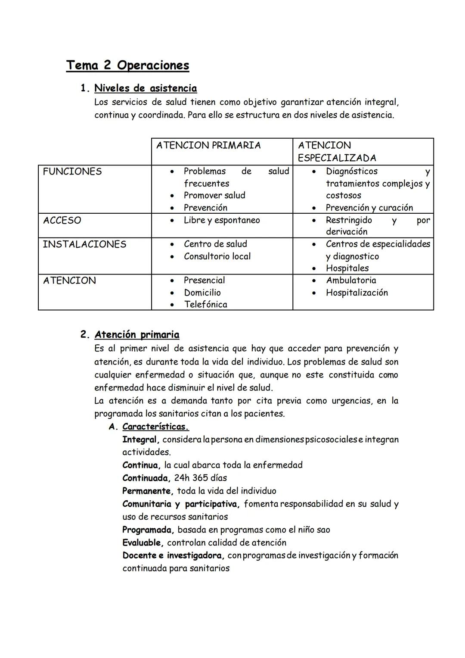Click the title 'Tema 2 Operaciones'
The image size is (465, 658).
coord(127,65)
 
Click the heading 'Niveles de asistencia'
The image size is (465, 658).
coord(146,88)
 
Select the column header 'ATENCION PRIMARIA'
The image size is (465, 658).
coord(208,145)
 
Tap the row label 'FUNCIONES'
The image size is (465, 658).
coord(72,172)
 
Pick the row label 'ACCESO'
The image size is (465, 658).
coord(62,220)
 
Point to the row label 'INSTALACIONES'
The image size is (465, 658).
coord(84,244)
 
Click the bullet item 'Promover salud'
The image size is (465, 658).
coord(214,195)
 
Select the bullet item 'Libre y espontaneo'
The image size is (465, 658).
coord(222,220)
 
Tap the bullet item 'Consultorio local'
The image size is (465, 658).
coord(217,256)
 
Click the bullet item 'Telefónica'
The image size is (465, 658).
coord(205,305)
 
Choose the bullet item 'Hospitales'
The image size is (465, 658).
coord(347,268)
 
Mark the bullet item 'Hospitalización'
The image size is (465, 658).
coord(357,293)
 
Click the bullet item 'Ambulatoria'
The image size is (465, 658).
coord(351,281)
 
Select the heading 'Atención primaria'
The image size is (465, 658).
coord(137,335)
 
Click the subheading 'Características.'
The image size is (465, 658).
coord(155,427)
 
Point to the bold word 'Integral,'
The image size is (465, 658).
coord(141,440)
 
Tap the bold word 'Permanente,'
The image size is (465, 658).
coord(148,491)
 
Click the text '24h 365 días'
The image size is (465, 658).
coord(200,478)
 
